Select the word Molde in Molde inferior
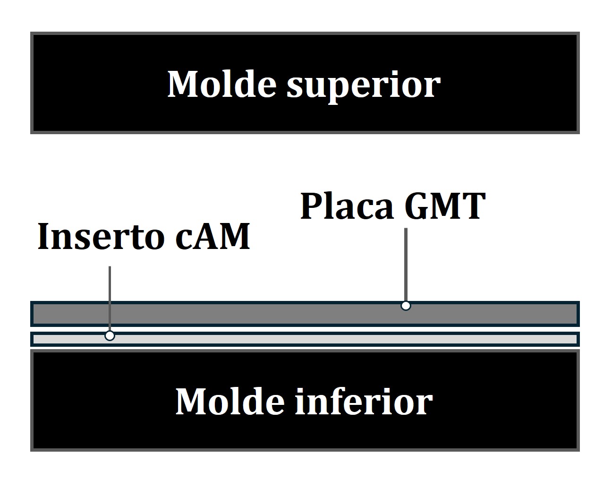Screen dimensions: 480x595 (229, 401)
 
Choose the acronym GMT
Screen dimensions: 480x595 (445, 206)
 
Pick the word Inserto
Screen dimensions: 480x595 (101, 236)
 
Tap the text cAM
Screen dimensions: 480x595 (212, 236)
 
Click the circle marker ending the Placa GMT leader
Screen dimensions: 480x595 (406, 306)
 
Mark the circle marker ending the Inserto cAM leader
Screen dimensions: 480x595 (110, 336)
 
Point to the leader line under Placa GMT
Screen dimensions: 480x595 (406, 265)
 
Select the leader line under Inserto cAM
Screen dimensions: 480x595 (110, 298)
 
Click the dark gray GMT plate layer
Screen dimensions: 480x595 (236, 314)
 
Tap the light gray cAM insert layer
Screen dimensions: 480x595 (283, 339)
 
